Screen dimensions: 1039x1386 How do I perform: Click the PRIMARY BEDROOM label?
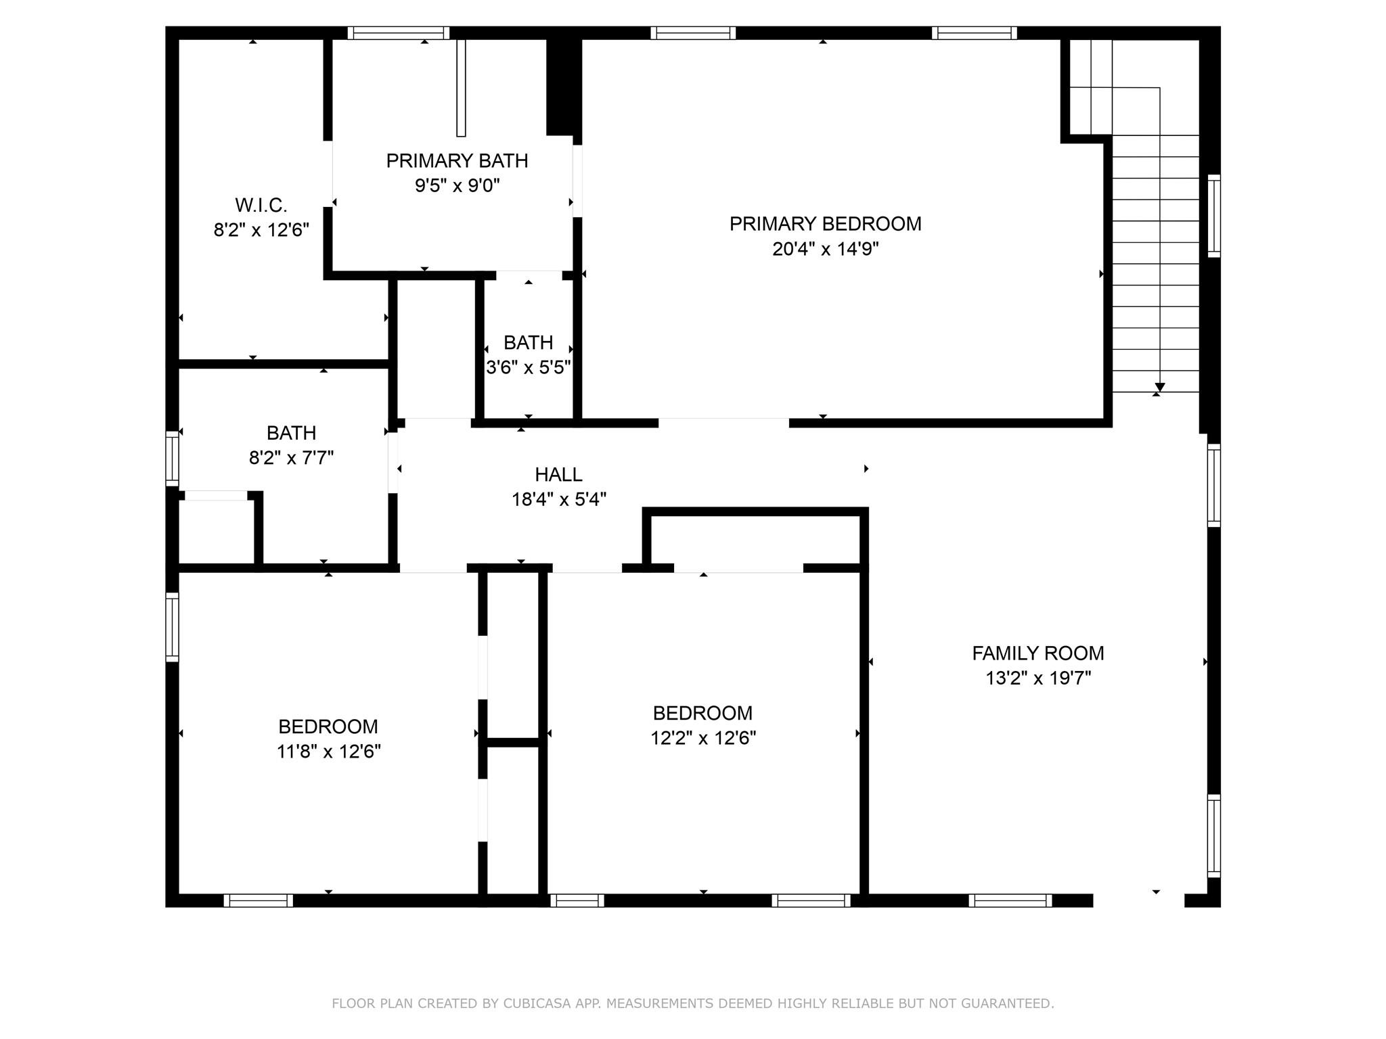(x=825, y=224)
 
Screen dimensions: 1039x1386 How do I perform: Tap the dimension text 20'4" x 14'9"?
(x=825, y=249)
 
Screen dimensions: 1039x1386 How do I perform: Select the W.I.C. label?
(x=261, y=205)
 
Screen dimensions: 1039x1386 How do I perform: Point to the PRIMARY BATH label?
(x=457, y=161)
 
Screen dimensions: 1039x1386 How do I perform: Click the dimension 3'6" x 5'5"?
(x=529, y=367)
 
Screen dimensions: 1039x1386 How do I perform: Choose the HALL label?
(x=558, y=475)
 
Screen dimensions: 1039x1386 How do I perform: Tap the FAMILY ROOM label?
(x=1037, y=653)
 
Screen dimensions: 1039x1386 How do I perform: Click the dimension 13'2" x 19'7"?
(x=1037, y=678)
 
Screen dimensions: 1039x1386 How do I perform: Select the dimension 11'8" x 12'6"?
(x=328, y=752)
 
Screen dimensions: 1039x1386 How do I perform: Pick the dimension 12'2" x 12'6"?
(x=703, y=738)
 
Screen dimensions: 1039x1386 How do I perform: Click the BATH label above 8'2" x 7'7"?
(x=291, y=433)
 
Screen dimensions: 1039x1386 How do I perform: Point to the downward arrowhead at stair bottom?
(x=1159, y=387)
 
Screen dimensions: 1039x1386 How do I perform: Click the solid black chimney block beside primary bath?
(x=563, y=85)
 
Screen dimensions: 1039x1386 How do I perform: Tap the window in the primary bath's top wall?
(x=399, y=33)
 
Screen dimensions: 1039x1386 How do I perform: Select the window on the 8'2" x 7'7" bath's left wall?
(x=173, y=459)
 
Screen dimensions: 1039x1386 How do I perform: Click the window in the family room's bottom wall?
(x=1010, y=900)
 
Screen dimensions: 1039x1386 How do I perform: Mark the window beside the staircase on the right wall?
(x=1214, y=216)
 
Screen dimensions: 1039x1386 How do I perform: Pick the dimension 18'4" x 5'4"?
(x=558, y=500)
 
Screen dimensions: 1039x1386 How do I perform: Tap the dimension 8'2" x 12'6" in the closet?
(x=261, y=230)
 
